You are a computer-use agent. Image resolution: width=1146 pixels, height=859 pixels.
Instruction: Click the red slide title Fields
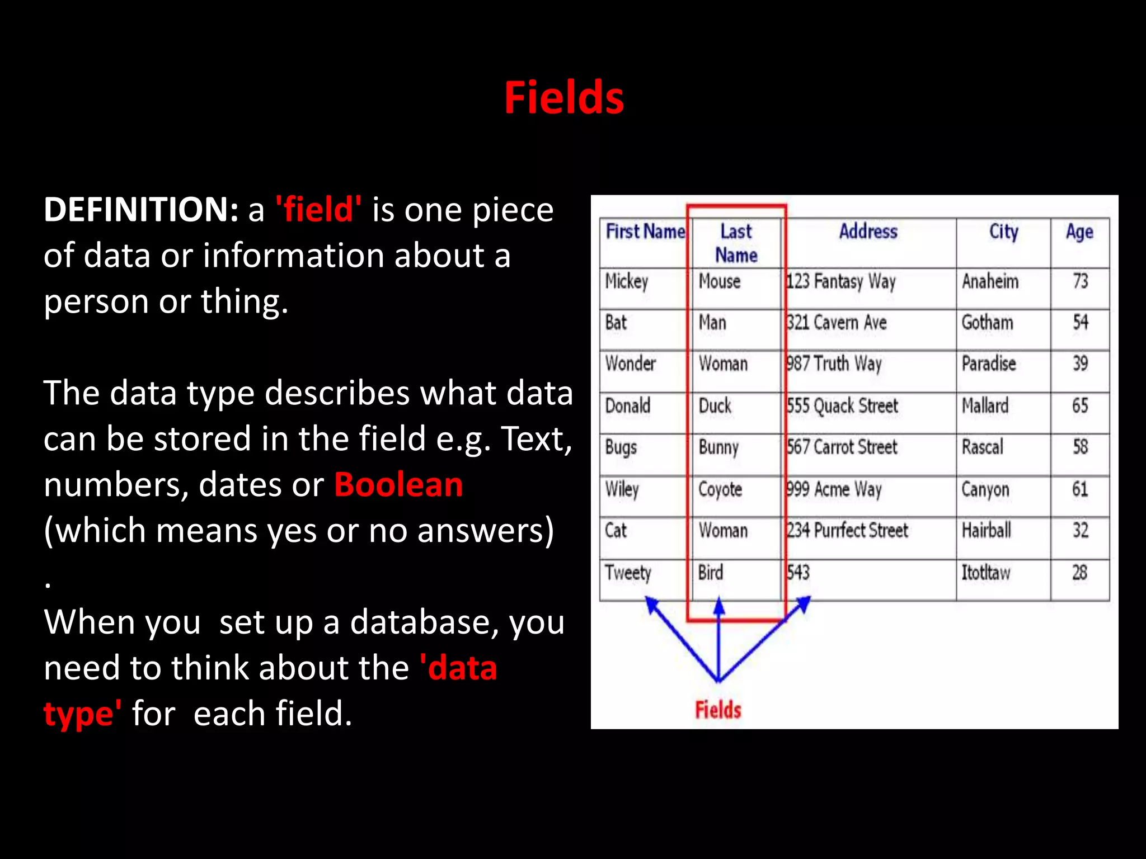pyautogui.click(x=563, y=98)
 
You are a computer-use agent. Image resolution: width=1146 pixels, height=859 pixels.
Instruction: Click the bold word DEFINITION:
pyautogui.click(x=141, y=210)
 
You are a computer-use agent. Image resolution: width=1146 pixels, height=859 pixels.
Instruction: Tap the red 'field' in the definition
pyautogui.click(x=318, y=210)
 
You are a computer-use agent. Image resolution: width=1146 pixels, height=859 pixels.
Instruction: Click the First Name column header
pyautogui.click(x=645, y=232)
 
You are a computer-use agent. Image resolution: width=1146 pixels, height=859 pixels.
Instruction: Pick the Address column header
pyautogui.click(x=868, y=232)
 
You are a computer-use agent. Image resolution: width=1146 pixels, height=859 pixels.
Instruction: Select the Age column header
pyautogui.click(x=1079, y=232)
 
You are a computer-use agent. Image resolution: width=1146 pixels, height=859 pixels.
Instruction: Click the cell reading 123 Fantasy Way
pyautogui.click(x=840, y=281)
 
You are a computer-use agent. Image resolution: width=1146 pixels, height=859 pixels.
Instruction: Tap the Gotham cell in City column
pyautogui.click(x=987, y=323)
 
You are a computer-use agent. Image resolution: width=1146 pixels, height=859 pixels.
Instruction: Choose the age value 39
pyautogui.click(x=1080, y=364)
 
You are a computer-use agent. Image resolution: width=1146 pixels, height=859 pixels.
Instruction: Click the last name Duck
pyautogui.click(x=715, y=405)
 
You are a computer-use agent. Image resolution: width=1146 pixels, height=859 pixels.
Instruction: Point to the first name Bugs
pyautogui.click(x=621, y=447)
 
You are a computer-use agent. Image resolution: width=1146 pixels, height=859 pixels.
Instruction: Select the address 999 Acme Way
pyautogui.click(x=834, y=489)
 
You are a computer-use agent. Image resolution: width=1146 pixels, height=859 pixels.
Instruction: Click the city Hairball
pyautogui.click(x=986, y=530)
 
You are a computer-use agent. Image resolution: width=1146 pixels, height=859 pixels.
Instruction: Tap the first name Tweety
pyautogui.click(x=628, y=573)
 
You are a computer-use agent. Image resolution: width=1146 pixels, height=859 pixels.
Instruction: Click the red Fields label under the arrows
pyautogui.click(x=718, y=710)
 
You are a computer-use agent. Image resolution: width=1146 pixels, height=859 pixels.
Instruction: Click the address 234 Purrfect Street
pyautogui.click(x=847, y=530)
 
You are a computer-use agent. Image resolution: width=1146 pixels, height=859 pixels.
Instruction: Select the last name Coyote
pyautogui.click(x=720, y=489)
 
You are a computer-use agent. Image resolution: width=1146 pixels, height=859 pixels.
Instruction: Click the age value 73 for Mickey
pyautogui.click(x=1080, y=281)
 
